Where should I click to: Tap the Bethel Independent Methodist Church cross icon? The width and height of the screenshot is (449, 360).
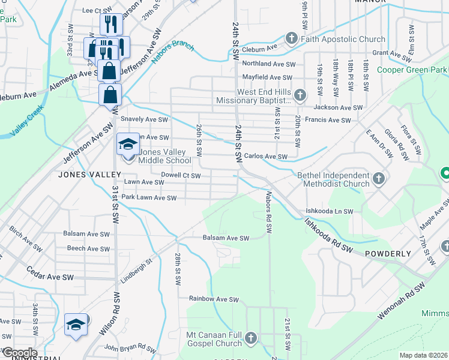[378, 179]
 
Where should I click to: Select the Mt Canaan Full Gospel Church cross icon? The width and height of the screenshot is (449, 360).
[250, 338]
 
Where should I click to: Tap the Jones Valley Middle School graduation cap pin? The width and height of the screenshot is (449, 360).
[128, 145]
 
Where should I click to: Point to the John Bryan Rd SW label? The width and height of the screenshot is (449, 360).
[130, 347]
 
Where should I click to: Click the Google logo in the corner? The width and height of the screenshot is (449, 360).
[19, 353]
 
